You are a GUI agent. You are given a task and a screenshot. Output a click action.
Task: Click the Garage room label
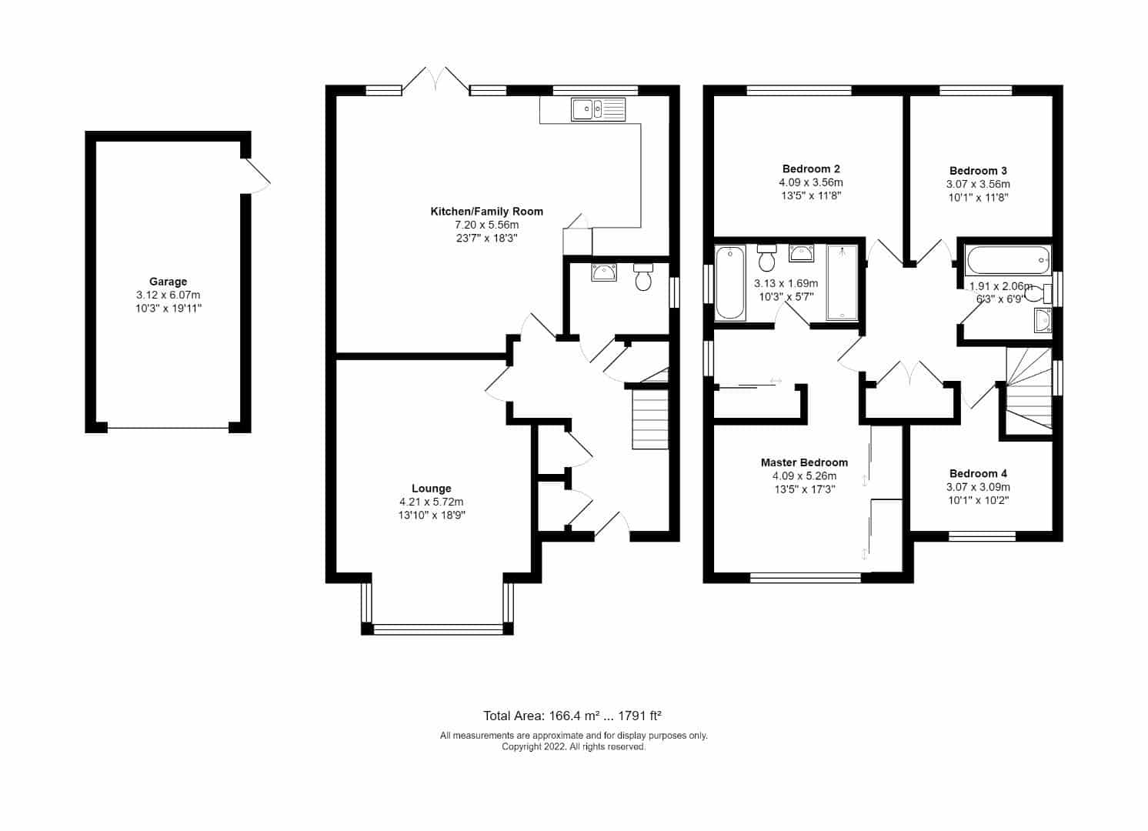pos(168,282)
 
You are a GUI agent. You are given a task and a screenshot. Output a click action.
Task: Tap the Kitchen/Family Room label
pos(486,211)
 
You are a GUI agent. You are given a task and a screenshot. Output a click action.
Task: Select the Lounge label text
pos(431,489)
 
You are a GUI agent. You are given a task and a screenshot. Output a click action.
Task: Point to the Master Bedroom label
pos(804,462)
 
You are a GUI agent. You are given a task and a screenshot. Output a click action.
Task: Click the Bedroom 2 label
pos(811,169)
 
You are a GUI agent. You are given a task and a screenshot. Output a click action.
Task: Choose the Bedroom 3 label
pos(978,171)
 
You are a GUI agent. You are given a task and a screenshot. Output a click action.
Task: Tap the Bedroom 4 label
pos(978,474)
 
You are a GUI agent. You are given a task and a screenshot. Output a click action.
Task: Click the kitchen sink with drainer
pos(599,109)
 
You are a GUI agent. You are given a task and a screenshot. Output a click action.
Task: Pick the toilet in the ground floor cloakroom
pos(643,277)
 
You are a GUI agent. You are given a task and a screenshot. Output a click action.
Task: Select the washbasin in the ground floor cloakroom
pos(604,272)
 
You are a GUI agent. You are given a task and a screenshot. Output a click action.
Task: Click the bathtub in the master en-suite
pos(730,283)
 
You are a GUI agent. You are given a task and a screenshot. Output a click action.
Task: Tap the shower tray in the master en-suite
pos(842,283)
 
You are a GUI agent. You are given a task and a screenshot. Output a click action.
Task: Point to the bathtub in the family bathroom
pos(1007,260)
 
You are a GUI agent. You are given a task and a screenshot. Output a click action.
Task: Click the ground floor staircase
pos(650,419)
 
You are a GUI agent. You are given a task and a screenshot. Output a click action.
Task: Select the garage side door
pos(257,176)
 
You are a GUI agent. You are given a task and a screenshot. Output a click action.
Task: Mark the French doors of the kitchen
pos(436,81)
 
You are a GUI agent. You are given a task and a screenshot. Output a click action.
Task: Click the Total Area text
pos(572,716)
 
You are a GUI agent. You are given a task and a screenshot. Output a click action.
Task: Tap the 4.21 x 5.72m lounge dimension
pos(431,502)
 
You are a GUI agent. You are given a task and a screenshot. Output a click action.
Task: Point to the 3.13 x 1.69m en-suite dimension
pos(786,283)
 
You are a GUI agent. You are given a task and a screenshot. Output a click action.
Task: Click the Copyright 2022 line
pos(573,747)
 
